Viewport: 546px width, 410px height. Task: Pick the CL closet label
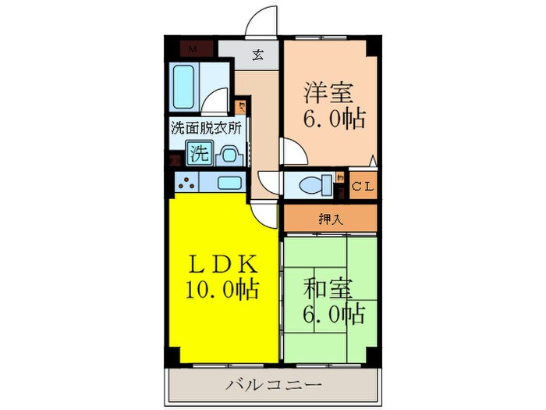(x=362, y=186)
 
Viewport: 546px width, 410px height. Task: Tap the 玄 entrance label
(x=257, y=55)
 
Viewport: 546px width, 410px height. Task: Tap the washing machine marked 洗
(x=199, y=154)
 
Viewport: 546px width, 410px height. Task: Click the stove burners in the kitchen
(x=187, y=184)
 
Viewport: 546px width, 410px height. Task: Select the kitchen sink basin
(x=229, y=184)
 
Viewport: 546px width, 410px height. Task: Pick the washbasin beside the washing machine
(x=230, y=155)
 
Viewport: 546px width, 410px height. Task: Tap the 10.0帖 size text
(x=222, y=290)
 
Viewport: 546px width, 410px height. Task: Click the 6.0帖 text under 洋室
(x=334, y=121)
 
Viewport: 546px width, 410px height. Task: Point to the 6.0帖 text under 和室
(x=334, y=316)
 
